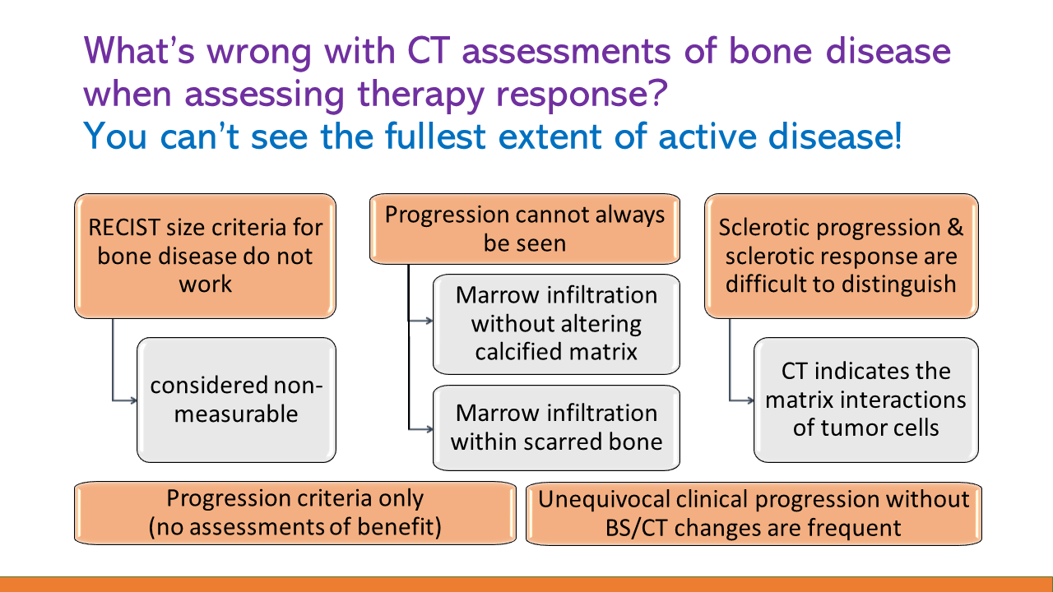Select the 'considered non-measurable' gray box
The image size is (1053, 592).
(236, 399)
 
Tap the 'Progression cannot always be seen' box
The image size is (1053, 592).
(525, 229)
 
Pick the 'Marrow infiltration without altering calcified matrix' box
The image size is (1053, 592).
(556, 323)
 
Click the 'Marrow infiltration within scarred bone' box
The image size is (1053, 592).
(556, 427)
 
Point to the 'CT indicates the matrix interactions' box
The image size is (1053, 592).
(865, 399)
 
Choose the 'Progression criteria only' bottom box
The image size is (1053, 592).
(295, 513)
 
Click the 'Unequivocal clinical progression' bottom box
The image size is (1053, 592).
(754, 513)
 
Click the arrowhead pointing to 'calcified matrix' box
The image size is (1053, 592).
(429, 321)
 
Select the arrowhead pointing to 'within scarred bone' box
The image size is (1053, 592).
(429, 428)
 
